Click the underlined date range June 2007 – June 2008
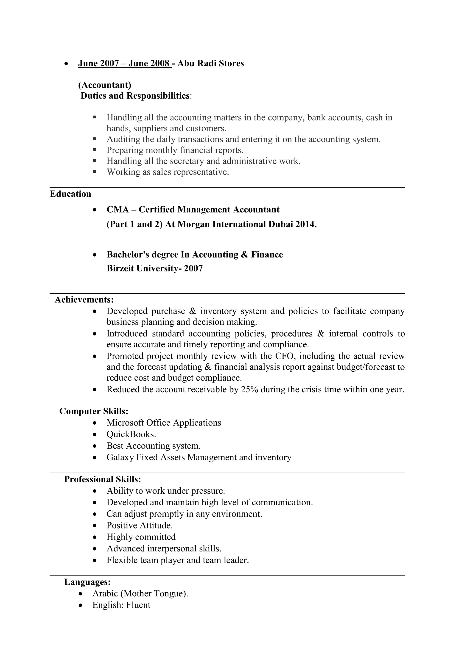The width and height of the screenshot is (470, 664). coord(124,63)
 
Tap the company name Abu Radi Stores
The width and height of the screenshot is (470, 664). coord(210,63)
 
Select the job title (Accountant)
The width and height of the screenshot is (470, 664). coord(104,85)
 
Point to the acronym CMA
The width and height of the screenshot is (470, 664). coord(117,209)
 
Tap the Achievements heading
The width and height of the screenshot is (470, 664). coord(84,300)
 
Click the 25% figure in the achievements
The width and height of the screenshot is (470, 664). coord(249,389)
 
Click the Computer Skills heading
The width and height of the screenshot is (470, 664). coord(94,411)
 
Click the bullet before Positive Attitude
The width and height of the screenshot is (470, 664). coord(95,526)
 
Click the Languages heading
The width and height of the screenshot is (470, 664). coord(87,582)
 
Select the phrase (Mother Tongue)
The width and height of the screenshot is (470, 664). coord(154,593)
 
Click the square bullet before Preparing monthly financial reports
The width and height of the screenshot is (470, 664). coord(95,150)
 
